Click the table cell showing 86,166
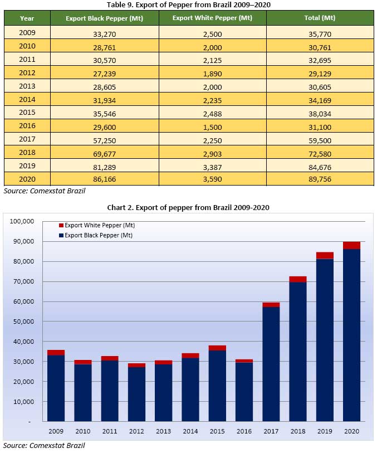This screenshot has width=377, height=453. point(104,179)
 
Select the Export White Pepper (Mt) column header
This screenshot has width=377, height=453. point(212,18)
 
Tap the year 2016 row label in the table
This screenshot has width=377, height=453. point(27,126)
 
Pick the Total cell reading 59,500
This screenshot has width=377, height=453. point(320,139)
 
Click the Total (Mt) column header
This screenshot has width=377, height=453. point(320,18)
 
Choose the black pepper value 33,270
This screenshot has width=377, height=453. point(104,33)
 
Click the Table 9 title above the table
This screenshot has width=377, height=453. point(188,4)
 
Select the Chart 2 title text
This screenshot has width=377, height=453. point(188,207)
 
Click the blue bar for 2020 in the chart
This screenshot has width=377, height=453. point(351,334)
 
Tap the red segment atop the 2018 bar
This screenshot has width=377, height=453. point(298,279)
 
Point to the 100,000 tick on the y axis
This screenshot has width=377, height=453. point(22,221)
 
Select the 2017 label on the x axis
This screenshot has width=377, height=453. point(271,431)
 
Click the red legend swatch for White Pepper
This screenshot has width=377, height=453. point(61,226)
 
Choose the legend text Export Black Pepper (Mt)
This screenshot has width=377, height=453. point(99,235)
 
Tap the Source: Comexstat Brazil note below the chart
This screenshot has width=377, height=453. point(44,445)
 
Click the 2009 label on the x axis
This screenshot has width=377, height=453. point(56,431)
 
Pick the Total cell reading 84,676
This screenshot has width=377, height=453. point(320,166)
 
